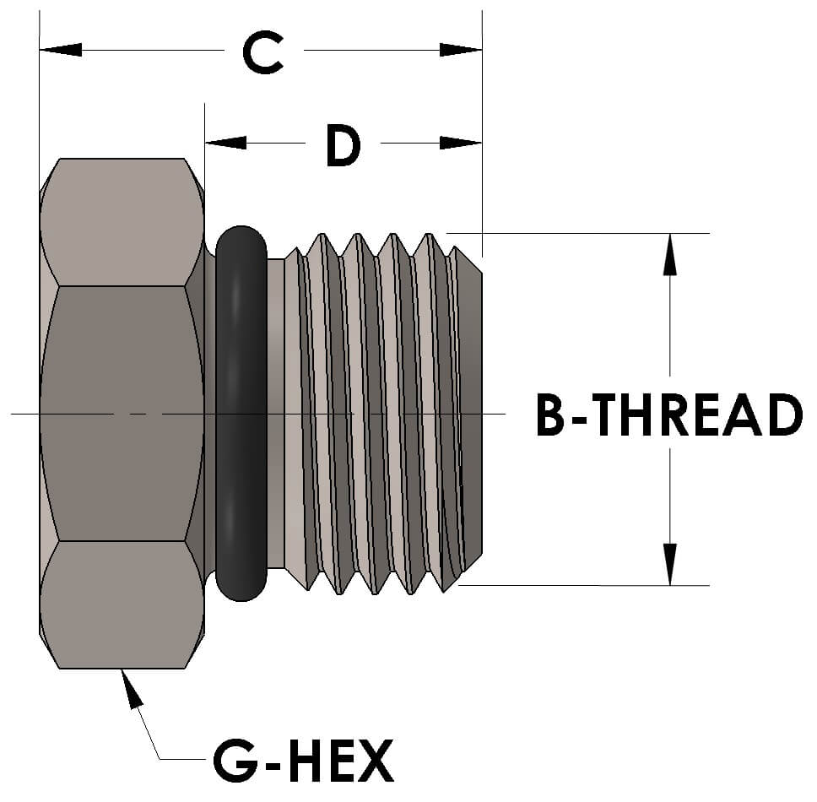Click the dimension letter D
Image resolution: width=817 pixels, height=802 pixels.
pos(342,147)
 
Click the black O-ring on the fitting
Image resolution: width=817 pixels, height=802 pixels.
pos(241,414)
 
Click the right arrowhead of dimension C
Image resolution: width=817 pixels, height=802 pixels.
pos(461,50)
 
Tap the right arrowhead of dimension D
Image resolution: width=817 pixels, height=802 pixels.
pos(461,143)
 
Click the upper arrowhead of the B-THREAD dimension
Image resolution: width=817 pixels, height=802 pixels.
pos(669,253)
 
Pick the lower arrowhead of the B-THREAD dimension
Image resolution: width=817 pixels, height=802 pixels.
pos(669,564)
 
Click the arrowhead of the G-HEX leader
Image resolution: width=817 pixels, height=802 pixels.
pos(130,687)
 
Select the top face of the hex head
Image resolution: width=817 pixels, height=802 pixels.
pos(122,221)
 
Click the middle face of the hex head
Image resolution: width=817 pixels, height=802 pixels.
pos(122,414)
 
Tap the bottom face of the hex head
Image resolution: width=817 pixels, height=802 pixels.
pos(122,604)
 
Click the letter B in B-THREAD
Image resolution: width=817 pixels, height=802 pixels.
pos(553,415)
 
